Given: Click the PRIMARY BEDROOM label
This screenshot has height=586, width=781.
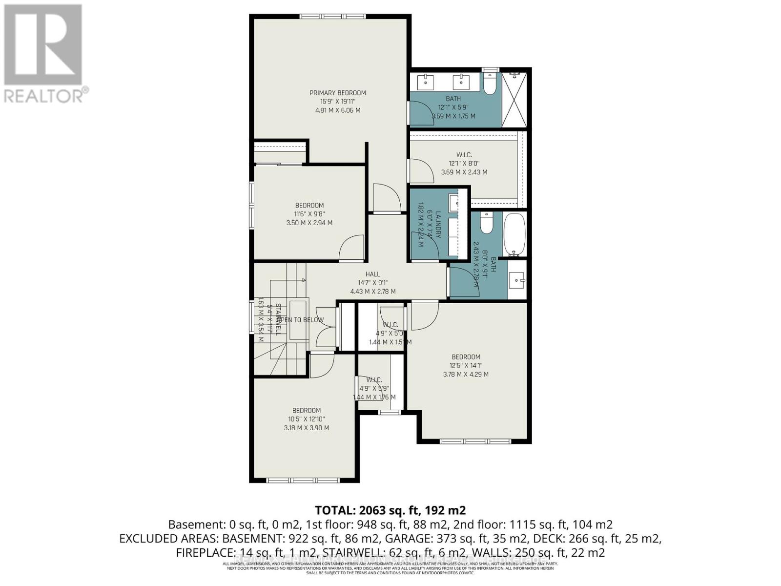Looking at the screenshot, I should click(x=338, y=93).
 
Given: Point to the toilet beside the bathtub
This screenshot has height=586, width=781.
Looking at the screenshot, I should click(x=487, y=224).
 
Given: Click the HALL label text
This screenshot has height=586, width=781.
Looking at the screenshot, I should click(x=372, y=274).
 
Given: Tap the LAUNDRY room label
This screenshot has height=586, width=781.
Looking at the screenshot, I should click(x=438, y=224).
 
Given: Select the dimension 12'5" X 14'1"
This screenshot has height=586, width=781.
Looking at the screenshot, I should click(x=465, y=366).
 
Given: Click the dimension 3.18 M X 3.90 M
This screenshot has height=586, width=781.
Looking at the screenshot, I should click(x=307, y=428).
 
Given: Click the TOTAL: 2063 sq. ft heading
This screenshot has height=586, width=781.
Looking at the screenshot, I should click(x=390, y=510).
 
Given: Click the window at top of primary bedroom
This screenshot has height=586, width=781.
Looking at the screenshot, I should click(x=332, y=17).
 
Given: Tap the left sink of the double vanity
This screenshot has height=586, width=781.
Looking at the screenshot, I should click(x=427, y=82).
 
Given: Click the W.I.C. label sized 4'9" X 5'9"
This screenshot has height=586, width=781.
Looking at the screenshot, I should click(x=373, y=380).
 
